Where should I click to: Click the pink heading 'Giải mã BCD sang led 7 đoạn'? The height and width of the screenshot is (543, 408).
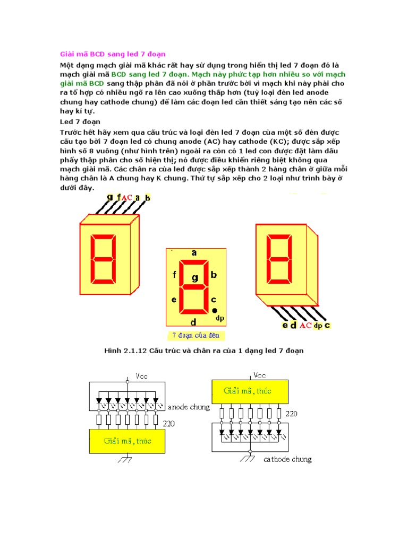pos(112,54)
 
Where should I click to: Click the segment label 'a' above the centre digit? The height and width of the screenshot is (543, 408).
pos(194,253)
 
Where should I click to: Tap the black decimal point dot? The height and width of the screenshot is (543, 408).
pos(215,310)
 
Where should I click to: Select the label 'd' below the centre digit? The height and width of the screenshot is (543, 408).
pos(194,322)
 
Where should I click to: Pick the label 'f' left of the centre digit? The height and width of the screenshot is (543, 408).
pos(174,275)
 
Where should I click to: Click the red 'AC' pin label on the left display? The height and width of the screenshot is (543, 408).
pos(127,198)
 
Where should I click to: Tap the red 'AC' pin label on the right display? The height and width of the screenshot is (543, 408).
pos(305,325)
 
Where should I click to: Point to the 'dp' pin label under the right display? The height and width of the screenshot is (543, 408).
pos(318,325)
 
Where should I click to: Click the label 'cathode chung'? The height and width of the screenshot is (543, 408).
pos(287,459)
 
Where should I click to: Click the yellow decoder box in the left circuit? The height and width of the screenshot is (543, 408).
pos(127,441)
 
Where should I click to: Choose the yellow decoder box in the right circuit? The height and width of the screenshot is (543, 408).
pos(251,391)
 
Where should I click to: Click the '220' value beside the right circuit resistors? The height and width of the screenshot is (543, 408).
pos(292,413)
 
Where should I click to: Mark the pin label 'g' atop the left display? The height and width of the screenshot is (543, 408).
pos(109,197)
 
